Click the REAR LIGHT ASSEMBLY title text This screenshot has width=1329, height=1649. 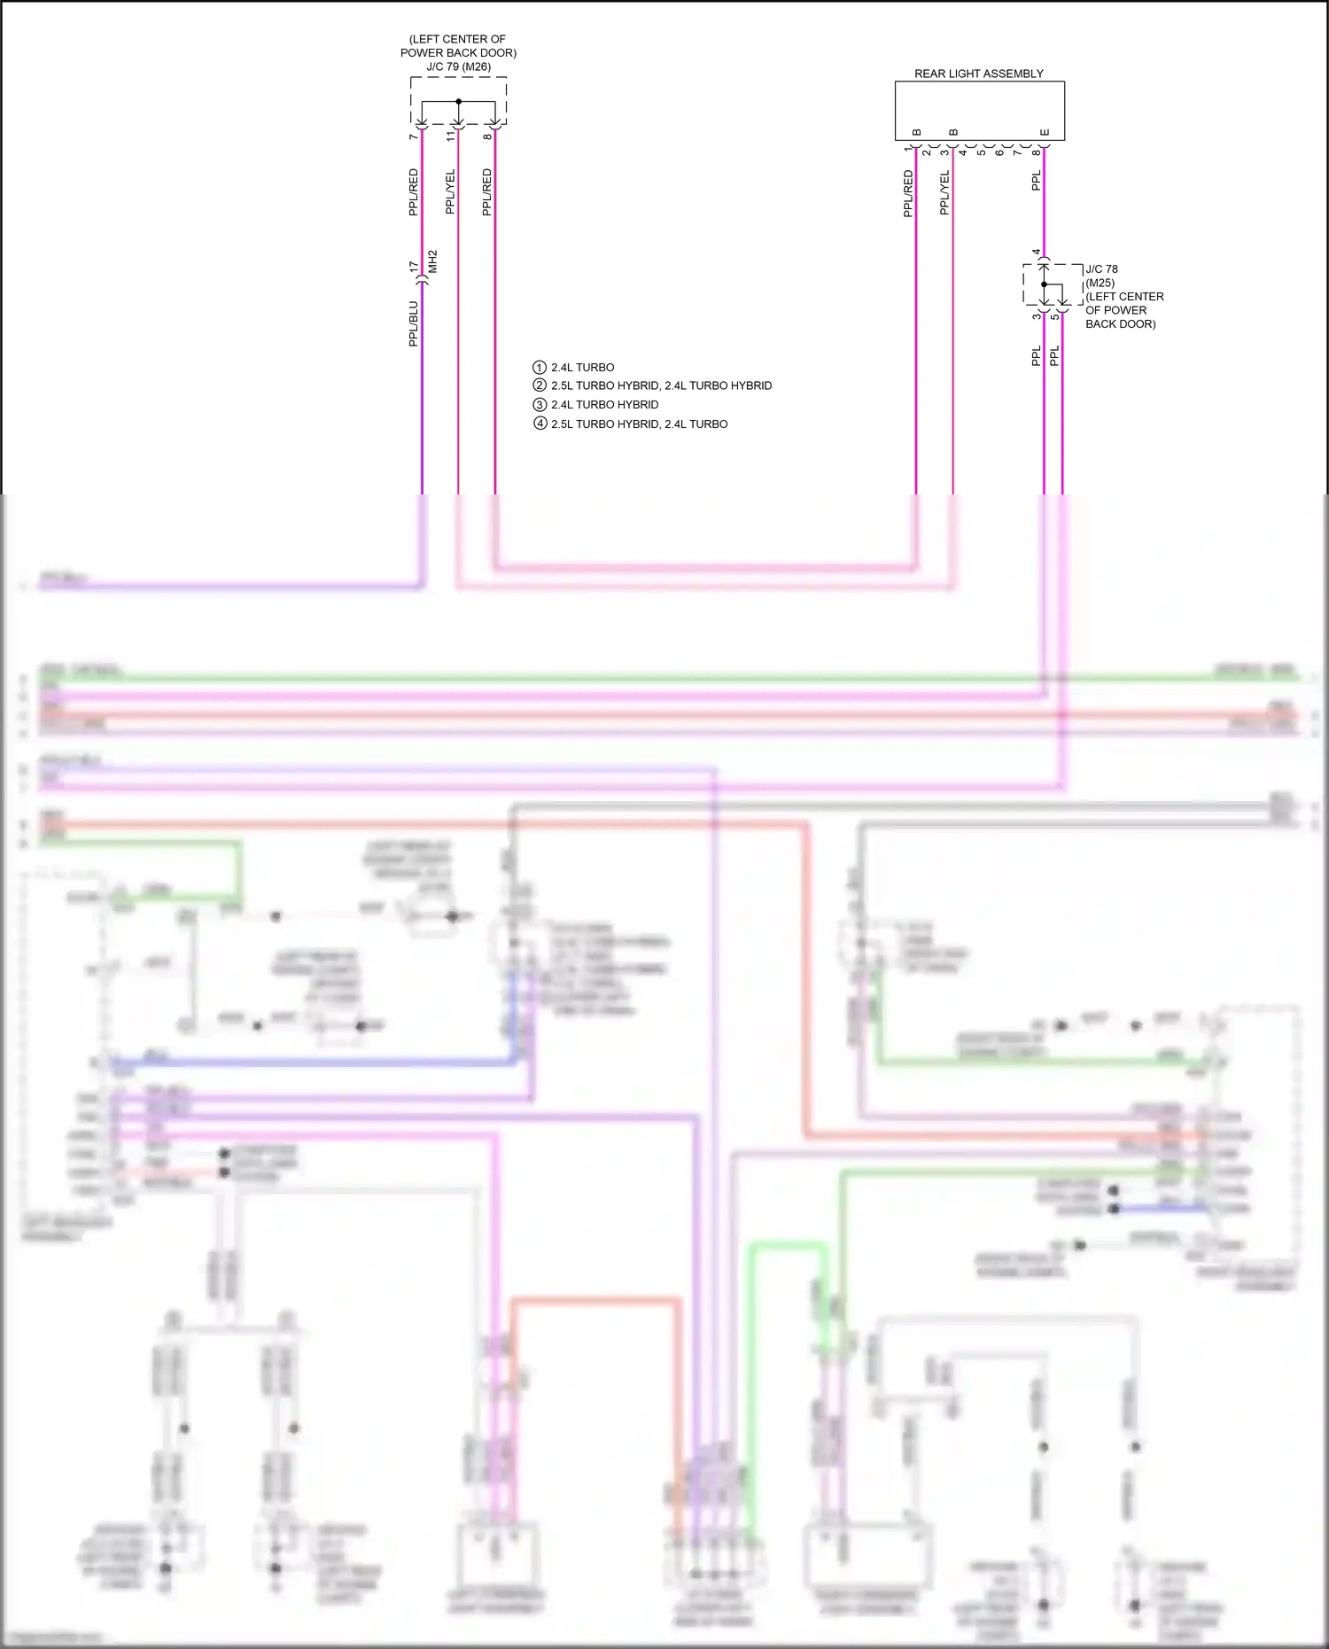978,74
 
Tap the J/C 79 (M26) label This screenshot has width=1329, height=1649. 458,66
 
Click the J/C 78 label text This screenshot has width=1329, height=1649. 1101,268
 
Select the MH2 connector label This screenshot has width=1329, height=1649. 433,261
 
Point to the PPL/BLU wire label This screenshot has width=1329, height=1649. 413,323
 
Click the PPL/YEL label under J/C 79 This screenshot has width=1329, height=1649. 450,191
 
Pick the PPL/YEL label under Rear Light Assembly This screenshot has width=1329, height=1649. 944,192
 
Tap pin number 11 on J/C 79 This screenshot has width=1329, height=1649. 451,136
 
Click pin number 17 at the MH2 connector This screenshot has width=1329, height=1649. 414,266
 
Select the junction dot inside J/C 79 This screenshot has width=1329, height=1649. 458,101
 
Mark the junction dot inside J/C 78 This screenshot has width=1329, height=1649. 1044,284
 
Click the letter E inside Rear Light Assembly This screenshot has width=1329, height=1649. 1045,133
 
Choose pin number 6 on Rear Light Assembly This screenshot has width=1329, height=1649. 999,152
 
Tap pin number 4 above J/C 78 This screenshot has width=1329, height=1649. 1037,253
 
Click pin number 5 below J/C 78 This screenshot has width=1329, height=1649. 1055,316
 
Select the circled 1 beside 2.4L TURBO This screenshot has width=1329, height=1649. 539,367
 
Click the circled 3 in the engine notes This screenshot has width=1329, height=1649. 539,404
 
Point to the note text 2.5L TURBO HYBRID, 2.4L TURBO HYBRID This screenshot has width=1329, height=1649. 661,385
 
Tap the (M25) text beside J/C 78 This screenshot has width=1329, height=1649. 1100,283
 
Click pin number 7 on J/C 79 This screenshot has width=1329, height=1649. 414,136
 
